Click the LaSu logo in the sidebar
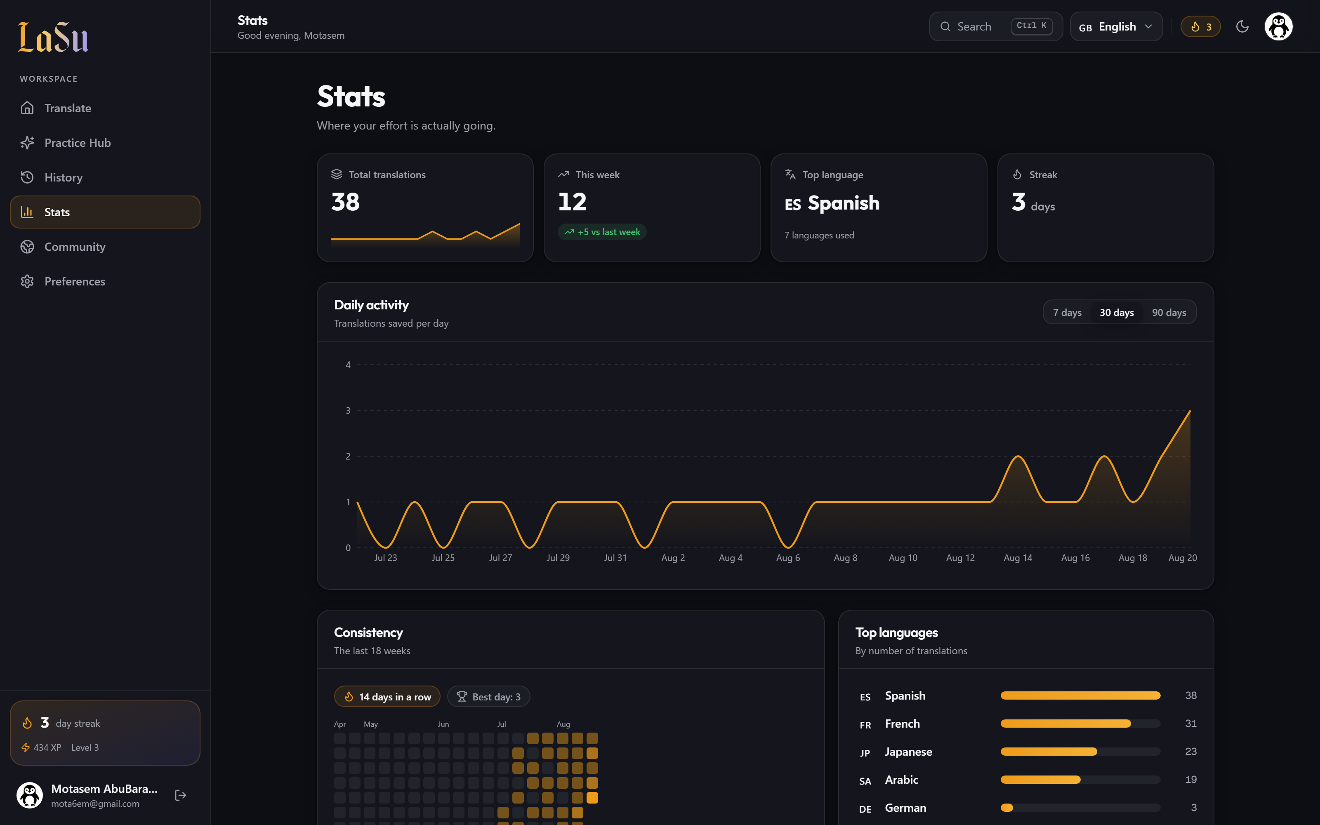pos(53,37)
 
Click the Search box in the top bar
pos(995,26)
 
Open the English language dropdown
pos(1116,26)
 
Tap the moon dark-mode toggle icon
pos(1242,26)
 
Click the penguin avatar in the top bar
pos(1278,26)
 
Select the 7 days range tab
pos(1067,313)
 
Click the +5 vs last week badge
pos(602,232)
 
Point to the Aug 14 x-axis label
pos(1018,558)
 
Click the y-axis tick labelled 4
pos(348,365)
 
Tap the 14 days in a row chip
pos(387,697)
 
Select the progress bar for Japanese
pos(1080,752)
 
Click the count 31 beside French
pos(1191,724)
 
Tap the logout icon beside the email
pos(181,796)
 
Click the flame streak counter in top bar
pos(1200,26)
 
